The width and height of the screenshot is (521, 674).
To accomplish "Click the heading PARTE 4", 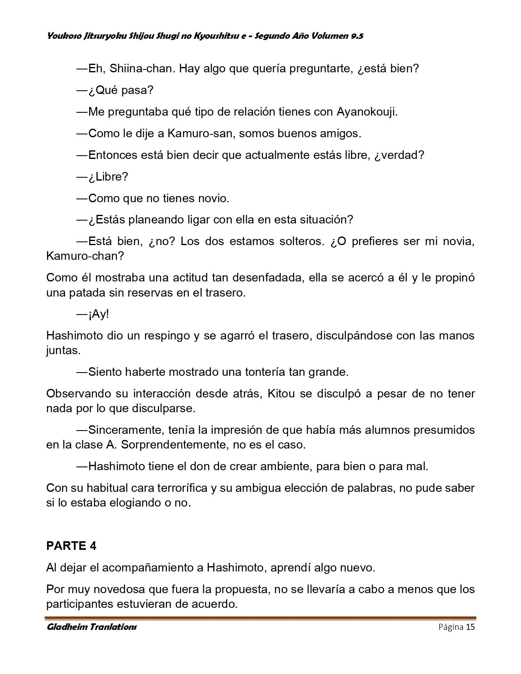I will [x=71, y=546].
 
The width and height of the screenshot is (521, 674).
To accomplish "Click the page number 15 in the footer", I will [x=470, y=627].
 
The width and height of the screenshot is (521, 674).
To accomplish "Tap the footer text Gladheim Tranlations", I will [x=92, y=627].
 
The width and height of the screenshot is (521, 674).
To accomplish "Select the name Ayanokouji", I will [x=367, y=112].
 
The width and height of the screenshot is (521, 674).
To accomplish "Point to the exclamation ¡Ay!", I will [x=98, y=314].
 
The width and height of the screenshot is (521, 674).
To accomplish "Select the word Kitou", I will [x=281, y=394].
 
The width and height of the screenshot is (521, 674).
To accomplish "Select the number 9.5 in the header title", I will [x=356, y=36].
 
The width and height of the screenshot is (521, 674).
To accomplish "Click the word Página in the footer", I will [x=451, y=627].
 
